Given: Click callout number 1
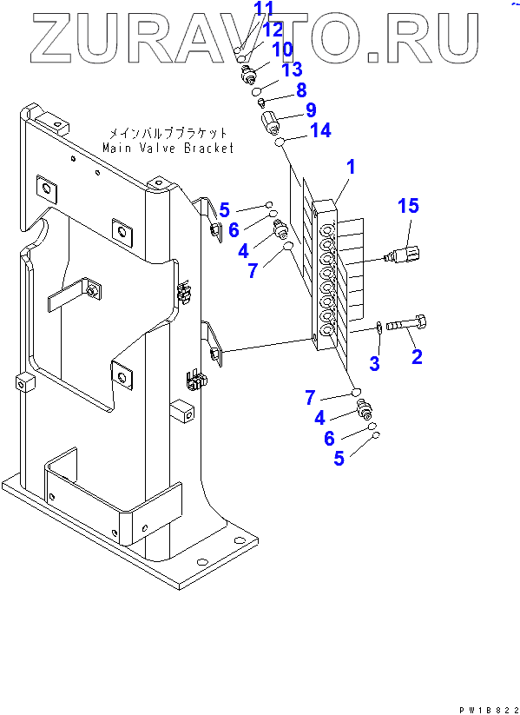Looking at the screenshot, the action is tap(350, 168).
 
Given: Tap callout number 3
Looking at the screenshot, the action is tap(374, 363).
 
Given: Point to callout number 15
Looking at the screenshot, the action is tap(408, 206).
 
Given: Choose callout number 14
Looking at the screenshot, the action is tap(321, 131).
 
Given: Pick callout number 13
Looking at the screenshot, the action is tap(291, 70).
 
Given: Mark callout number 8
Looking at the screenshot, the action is tap(301, 89).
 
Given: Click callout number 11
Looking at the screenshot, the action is tap(264, 8).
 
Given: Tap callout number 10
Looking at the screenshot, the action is tap(282, 50).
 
